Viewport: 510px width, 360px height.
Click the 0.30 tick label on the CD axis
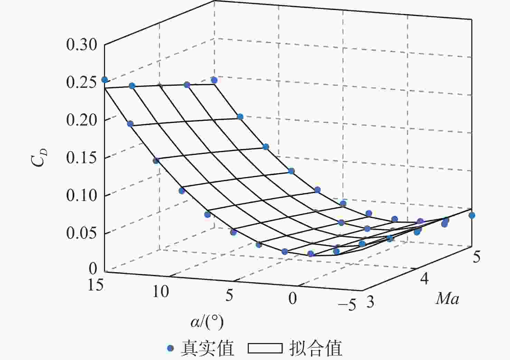tap(82, 45)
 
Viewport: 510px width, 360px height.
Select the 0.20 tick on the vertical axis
tap(82, 120)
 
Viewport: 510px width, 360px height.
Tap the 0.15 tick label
tap(82, 158)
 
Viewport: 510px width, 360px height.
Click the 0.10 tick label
tap(82, 196)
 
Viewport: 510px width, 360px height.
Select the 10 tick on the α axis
tap(161, 292)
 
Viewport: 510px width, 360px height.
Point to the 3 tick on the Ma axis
tap(370, 302)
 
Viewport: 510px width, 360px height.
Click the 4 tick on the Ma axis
tap(424, 278)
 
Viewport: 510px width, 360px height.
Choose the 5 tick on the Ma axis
tap(476, 257)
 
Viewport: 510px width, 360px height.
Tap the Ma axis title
tap(447, 298)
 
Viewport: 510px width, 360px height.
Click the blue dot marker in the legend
tap(170, 348)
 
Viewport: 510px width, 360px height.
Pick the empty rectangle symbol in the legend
tap(265, 348)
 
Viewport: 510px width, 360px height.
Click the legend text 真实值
tap(207, 348)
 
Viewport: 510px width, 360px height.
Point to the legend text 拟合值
tap(315, 348)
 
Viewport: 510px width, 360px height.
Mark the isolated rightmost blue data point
tap(472, 215)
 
